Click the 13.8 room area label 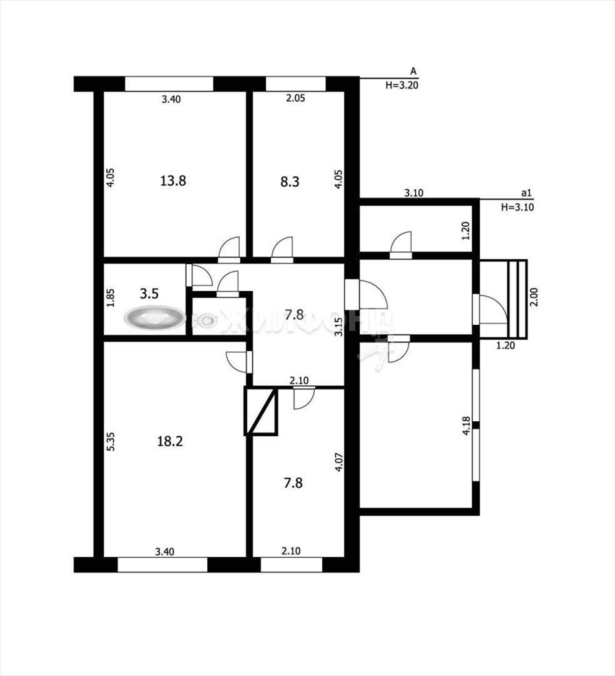point(173,180)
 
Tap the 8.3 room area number point(290,182)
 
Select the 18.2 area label point(170,441)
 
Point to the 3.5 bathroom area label point(149,294)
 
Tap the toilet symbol point(207,320)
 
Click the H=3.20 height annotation point(402,85)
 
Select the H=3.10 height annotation point(517,207)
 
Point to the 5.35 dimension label point(111,442)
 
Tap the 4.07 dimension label point(339,461)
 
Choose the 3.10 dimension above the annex point(413,193)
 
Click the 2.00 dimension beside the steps point(534,297)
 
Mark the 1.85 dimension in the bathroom point(111,298)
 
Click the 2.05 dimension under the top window point(296,98)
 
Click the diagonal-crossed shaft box point(261,411)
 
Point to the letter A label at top point(413,71)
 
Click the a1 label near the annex point(525,193)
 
